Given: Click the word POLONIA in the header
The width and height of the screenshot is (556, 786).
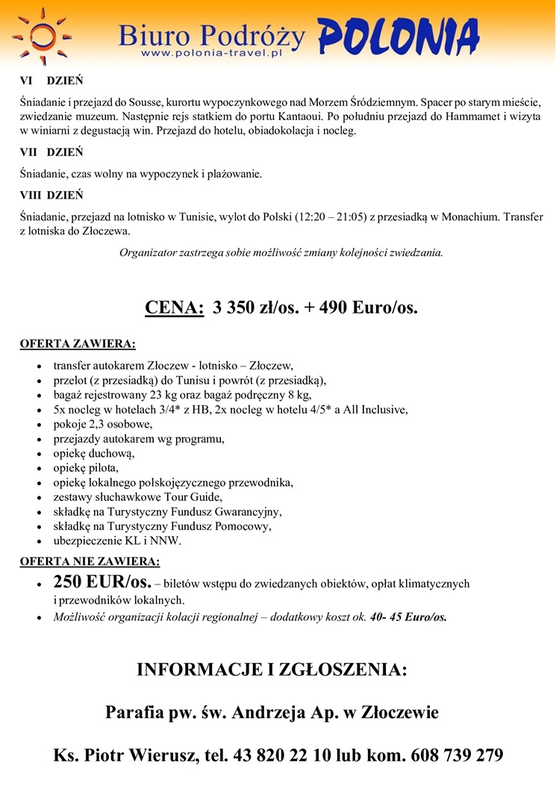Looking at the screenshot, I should [398, 34].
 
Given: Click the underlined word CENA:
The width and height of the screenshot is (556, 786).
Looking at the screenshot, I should [174, 308].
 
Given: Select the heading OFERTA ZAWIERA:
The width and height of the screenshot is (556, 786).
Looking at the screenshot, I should [78, 344].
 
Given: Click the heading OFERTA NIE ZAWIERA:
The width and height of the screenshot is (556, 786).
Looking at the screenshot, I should [90, 561].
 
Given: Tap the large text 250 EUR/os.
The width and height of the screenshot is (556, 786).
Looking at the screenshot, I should [102, 582].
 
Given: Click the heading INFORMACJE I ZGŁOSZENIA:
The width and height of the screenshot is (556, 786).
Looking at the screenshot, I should [272, 670].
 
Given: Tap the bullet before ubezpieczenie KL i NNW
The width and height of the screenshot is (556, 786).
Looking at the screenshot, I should [39, 541].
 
